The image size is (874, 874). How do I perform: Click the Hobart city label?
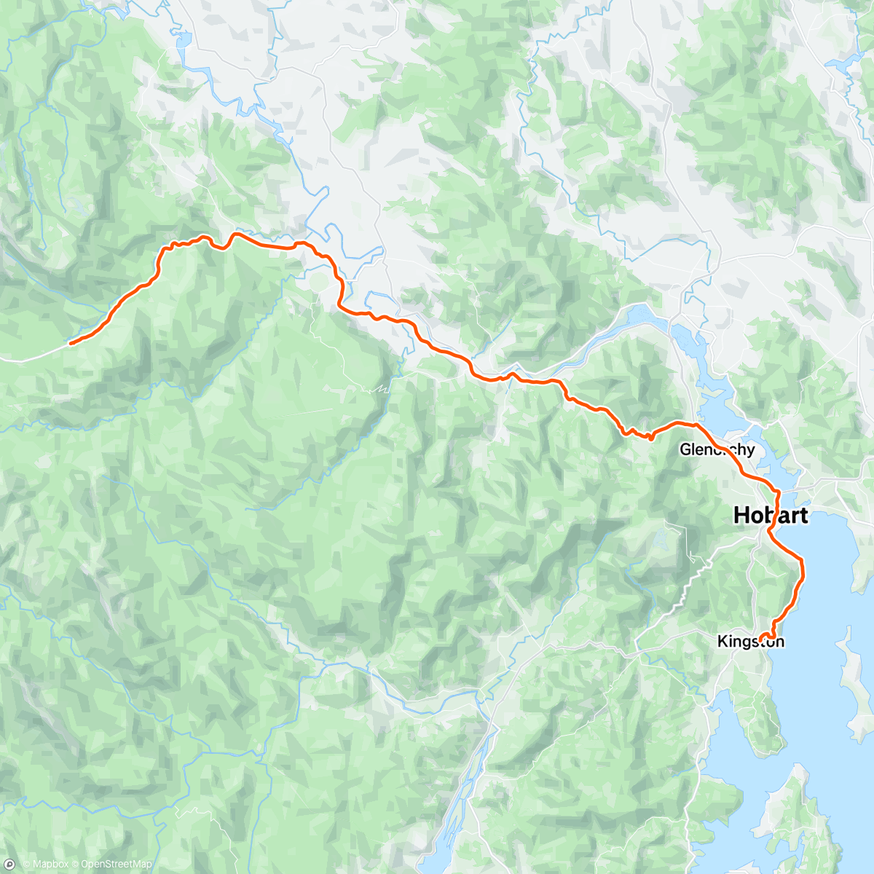point(771,515)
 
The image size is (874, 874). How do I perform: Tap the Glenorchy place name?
point(717,449)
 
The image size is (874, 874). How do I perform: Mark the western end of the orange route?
point(70,342)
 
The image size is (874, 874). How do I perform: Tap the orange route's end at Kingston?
point(761,639)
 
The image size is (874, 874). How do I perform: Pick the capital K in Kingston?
point(722,642)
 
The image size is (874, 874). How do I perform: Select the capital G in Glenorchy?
point(685,449)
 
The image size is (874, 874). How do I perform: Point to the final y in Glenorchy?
point(751,451)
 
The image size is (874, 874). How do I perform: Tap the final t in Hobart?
point(803,515)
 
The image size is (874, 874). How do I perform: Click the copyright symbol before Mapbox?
point(25,865)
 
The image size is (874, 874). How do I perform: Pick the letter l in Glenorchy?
point(693,449)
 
